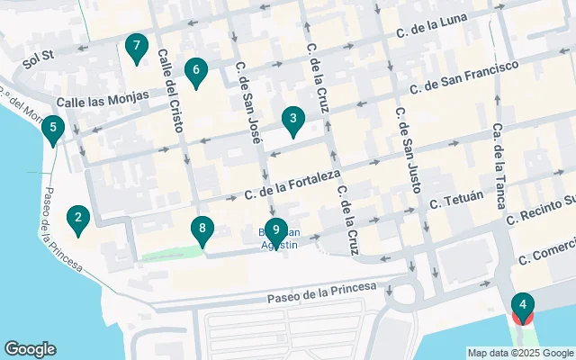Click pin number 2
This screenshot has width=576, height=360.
pos(79,219)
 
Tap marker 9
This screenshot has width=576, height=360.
pos(275,232)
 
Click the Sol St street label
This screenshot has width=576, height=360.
pos(40,60)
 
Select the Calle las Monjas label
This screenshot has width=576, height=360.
pos(102,100)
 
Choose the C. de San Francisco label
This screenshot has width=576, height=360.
pos(464,78)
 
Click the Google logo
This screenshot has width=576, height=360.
pos(30,349)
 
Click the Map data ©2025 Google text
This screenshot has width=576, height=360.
pos(519,353)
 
